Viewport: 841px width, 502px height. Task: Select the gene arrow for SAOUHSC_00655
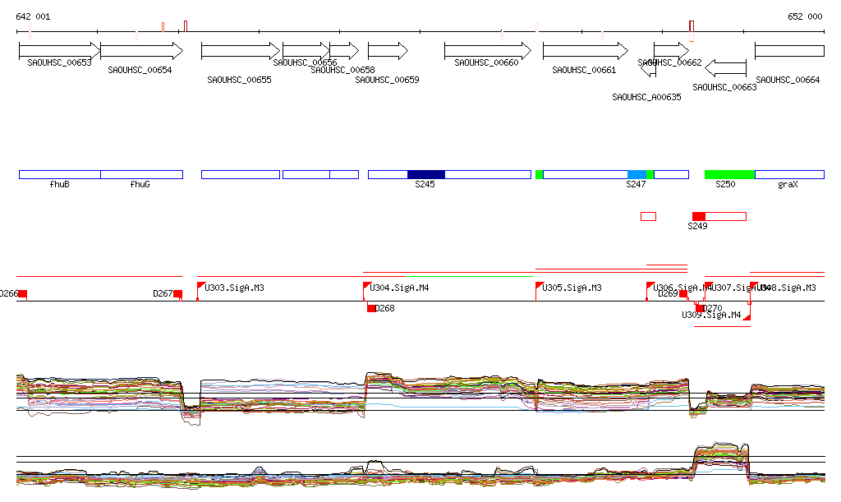tap(241, 51)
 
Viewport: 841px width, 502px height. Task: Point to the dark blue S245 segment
tap(425, 174)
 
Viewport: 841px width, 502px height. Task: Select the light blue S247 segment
tap(636, 174)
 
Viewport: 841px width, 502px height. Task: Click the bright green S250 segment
tap(729, 174)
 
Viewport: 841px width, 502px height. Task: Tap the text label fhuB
tap(59, 185)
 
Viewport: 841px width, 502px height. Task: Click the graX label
tap(788, 185)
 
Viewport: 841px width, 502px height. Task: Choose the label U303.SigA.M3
tap(235, 288)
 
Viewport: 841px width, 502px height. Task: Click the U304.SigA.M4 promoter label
tap(400, 288)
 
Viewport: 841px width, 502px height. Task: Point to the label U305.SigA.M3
tap(572, 288)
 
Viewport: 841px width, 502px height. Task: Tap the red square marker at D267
tap(177, 294)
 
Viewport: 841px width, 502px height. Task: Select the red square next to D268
tap(371, 308)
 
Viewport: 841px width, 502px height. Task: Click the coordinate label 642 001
tap(33, 16)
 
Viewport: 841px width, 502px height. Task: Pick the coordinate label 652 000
tap(805, 16)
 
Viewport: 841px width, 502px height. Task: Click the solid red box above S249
tap(698, 216)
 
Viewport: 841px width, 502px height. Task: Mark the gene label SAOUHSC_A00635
tap(646, 97)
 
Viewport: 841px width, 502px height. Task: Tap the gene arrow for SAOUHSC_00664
tap(789, 51)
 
